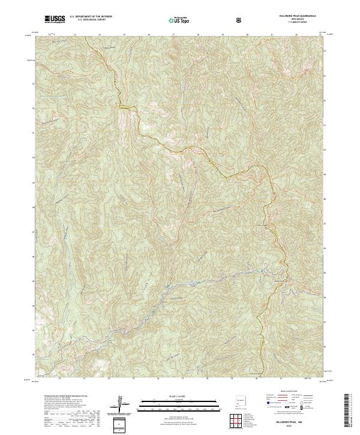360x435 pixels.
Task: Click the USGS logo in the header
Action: [55, 20]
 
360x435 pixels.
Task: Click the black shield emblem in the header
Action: [240, 20]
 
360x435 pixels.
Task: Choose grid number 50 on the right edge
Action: [326, 149]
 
